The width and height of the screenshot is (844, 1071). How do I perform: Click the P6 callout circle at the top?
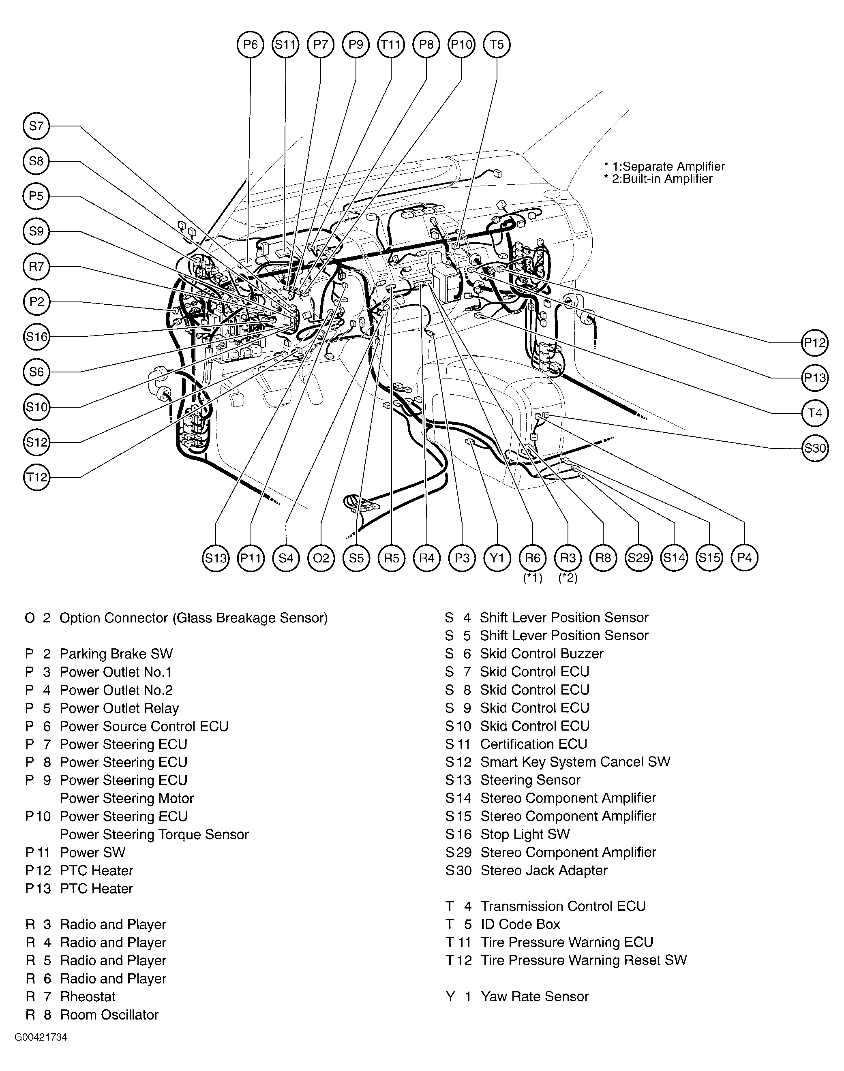(x=251, y=45)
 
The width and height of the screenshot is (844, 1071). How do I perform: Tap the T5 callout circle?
(x=497, y=45)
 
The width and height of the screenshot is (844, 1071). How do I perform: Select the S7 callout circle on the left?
(x=36, y=126)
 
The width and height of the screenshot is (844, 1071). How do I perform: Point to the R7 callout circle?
(x=36, y=267)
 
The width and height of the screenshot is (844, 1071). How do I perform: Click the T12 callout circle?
(x=36, y=477)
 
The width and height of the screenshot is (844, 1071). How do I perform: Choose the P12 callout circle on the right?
(x=814, y=342)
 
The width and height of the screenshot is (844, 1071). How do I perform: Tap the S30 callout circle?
(x=814, y=448)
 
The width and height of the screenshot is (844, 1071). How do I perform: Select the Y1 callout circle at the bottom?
(x=497, y=558)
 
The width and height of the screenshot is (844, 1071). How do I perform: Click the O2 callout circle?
(x=321, y=558)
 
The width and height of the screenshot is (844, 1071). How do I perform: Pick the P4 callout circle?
(x=744, y=558)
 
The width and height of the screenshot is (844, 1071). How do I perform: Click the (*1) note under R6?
(x=533, y=578)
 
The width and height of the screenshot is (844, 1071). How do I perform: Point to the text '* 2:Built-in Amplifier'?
(x=658, y=179)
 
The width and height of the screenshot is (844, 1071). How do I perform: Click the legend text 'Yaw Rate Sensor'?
(x=534, y=996)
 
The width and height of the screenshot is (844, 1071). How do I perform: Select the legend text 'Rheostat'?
(x=88, y=996)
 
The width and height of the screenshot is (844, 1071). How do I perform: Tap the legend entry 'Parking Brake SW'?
(x=116, y=654)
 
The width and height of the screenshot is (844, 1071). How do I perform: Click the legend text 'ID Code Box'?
(x=521, y=924)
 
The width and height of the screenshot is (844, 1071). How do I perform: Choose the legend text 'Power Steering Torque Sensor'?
(x=154, y=834)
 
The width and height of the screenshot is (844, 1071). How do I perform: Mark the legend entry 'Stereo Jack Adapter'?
(x=544, y=870)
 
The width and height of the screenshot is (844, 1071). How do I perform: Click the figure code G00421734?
(x=41, y=1037)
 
